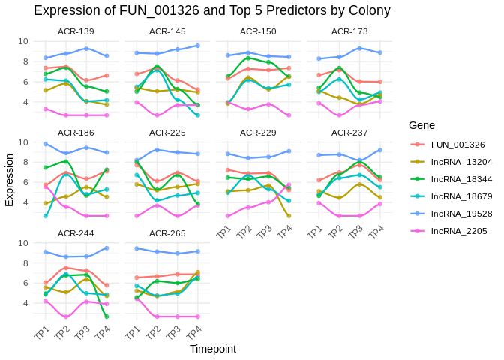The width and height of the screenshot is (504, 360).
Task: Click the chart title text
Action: click(x=212, y=10)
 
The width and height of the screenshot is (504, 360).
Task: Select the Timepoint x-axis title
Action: click(x=213, y=349)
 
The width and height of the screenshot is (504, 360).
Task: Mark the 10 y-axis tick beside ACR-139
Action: click(x=24, y=41)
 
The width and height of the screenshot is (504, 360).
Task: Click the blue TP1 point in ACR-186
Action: click(x=46, y=144)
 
